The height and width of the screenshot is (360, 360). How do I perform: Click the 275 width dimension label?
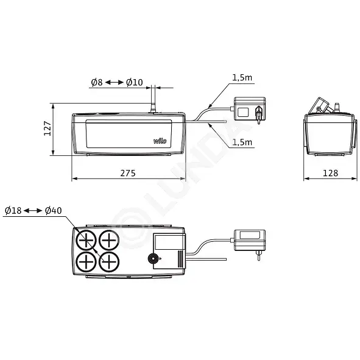[128, 173]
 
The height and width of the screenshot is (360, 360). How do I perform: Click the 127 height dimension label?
[48, 128]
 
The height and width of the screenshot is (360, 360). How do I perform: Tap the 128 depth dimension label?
[330, 173]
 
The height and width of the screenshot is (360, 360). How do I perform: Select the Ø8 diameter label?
[97, 82]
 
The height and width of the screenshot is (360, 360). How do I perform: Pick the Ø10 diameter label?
[134, 82]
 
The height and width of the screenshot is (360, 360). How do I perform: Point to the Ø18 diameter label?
[13, 210]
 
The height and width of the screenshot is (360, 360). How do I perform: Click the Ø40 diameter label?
[53, 210]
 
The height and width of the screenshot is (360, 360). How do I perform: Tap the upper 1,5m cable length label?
[242, 77]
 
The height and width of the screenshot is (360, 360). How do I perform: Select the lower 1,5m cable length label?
[242, 142]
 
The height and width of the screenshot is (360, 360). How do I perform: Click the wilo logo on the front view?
[160, 141]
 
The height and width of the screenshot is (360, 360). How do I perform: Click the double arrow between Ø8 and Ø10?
[115, 82]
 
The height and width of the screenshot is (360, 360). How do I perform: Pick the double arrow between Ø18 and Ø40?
[33, 210]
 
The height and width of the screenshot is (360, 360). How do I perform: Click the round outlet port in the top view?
[153, 259]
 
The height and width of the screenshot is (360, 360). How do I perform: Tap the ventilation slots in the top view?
[181, 259]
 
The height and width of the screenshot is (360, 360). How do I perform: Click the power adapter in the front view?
[250, 109]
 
